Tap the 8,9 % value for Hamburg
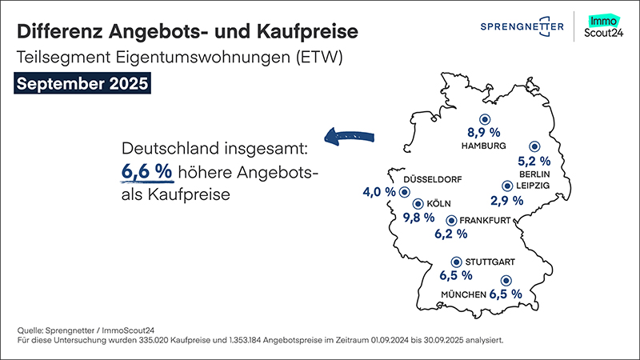483,131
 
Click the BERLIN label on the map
534,174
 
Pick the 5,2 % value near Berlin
535,160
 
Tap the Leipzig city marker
506,186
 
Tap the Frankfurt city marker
450,220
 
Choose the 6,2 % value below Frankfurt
450,235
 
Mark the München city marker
505,281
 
